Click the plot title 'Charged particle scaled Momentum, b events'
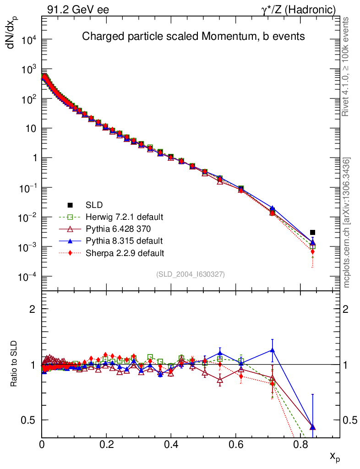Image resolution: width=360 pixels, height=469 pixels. [x=193, y=37]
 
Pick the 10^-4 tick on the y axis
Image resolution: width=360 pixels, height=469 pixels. [x=29, y=277]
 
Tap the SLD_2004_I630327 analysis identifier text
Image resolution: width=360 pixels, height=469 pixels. [x=190, y=274]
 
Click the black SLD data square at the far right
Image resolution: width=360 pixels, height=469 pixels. [x=312, y=232]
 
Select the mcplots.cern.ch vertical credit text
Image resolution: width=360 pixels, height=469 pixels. [x=347, y=223]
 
